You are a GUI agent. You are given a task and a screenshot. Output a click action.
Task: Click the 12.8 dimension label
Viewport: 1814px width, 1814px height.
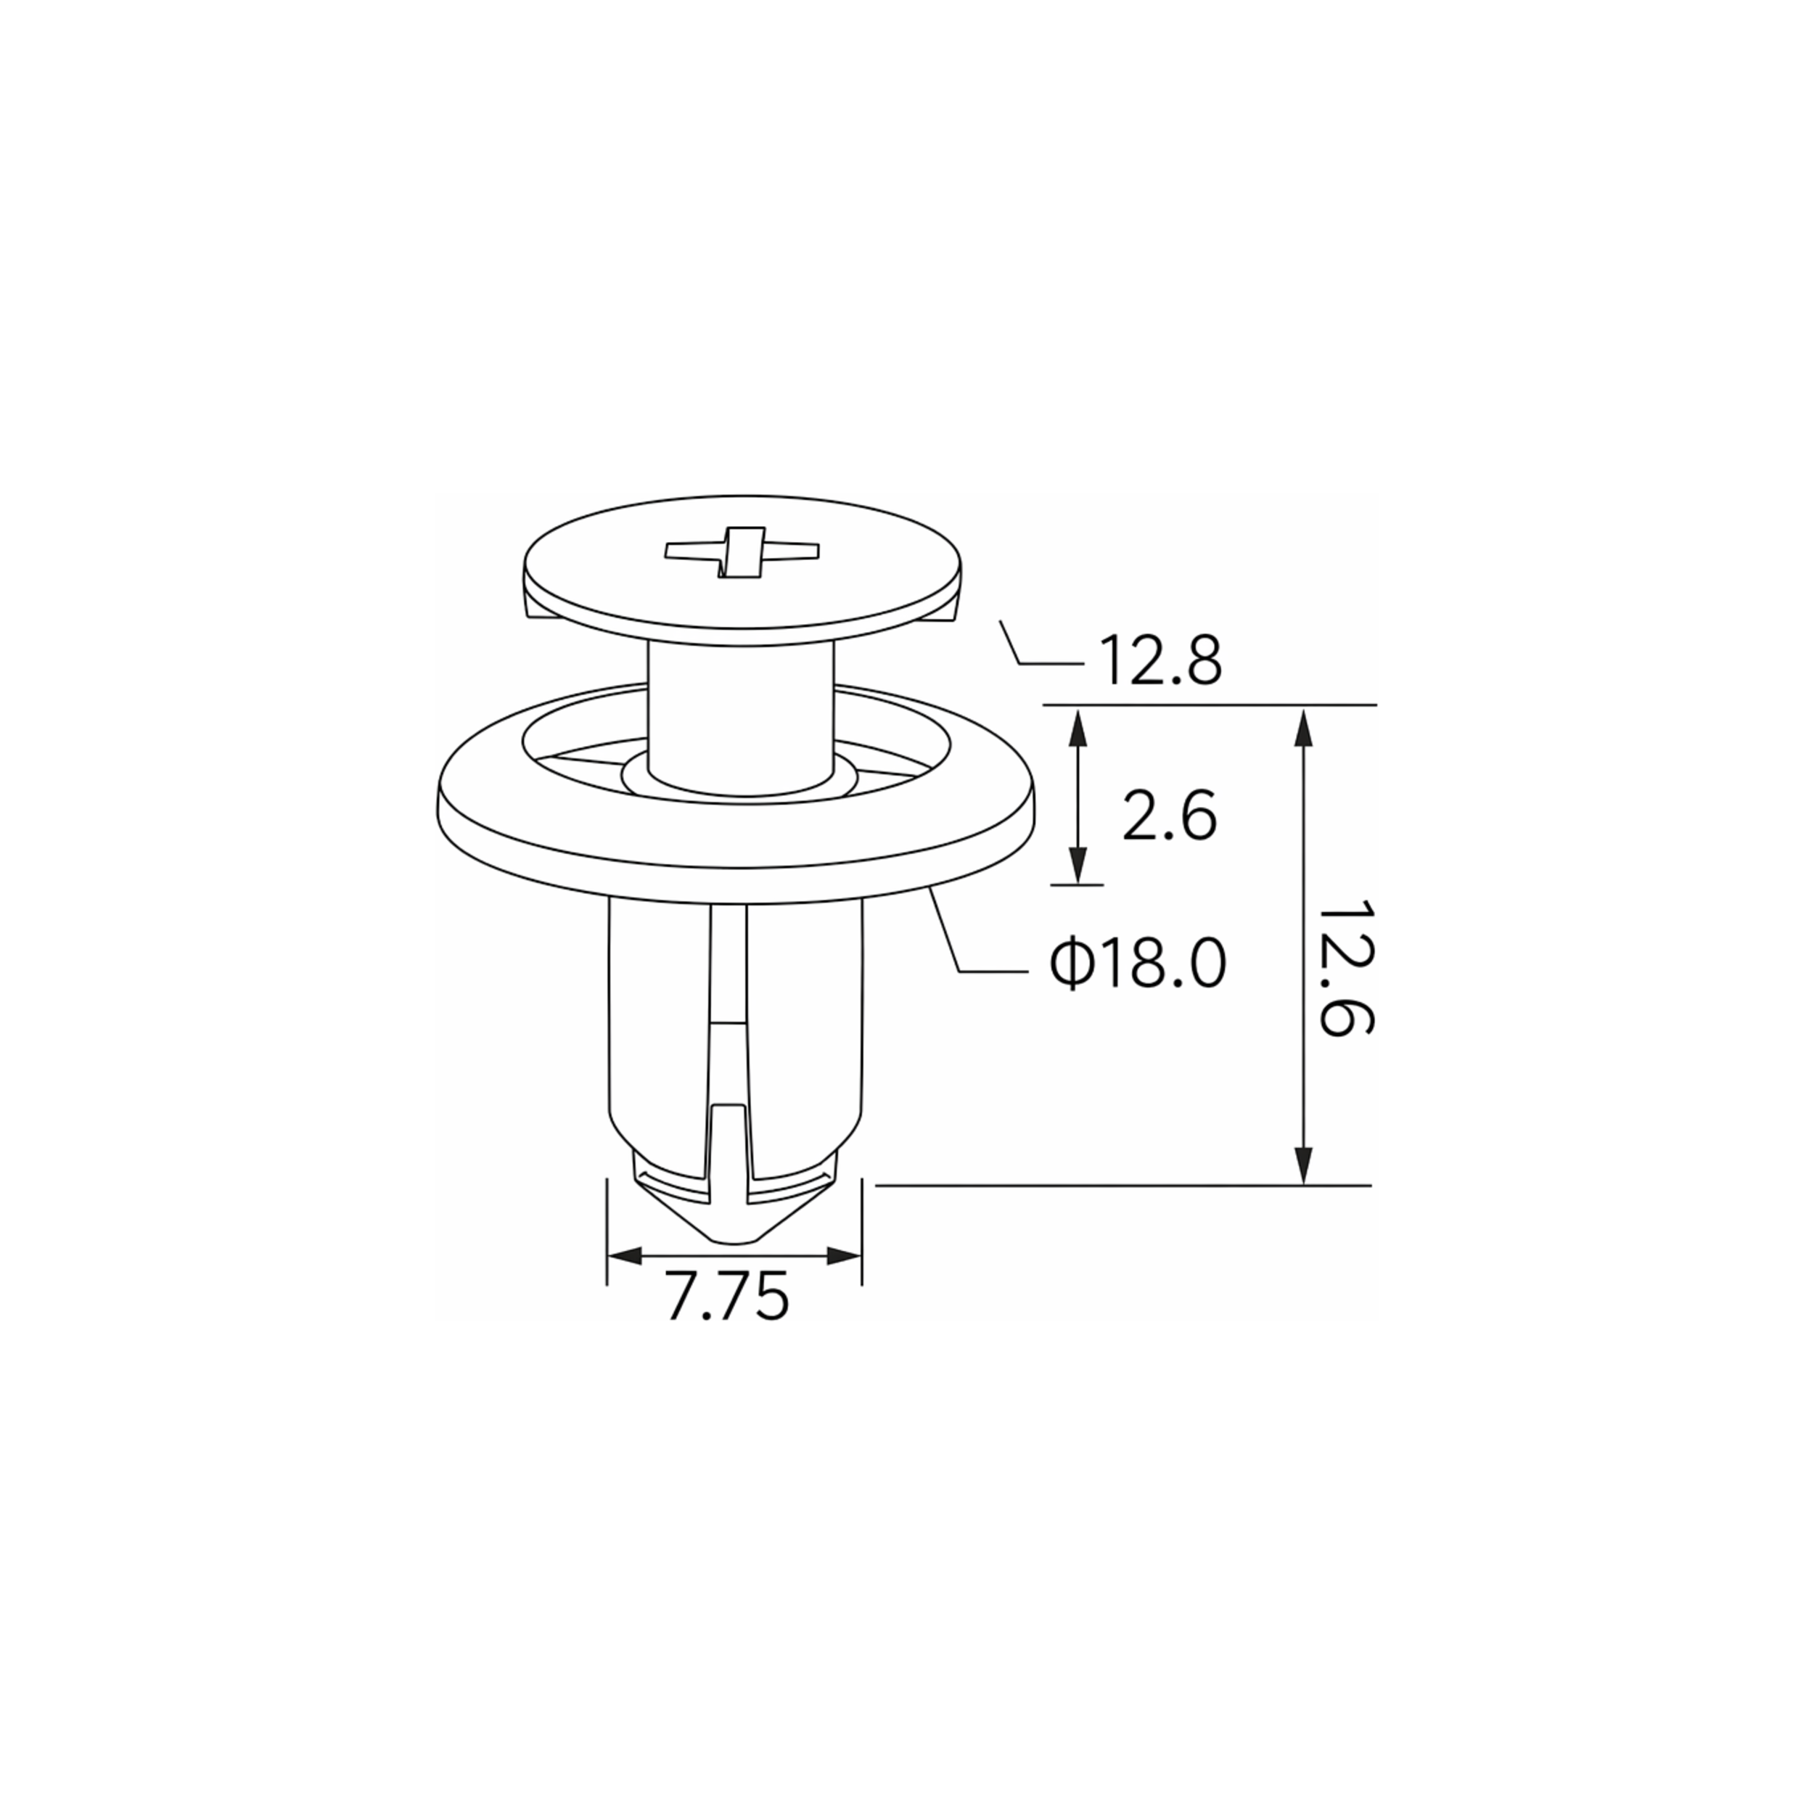click(x=1160, y=660)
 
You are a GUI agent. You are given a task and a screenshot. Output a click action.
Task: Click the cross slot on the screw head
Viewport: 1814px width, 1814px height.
click(x=742, y=551)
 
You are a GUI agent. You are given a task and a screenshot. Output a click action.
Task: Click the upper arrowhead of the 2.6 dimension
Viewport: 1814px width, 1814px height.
click(x=1078, y=729)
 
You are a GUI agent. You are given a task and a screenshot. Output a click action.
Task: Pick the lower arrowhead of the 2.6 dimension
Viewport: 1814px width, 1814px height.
click(x=1078, y=863)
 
